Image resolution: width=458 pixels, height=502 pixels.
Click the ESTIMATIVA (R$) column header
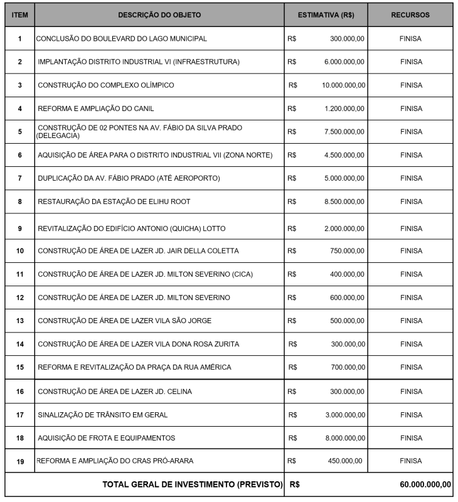coord(326,14)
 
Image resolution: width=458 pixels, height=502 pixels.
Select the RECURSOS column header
coord(410,14)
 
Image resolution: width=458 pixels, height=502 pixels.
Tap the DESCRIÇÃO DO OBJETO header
coord(159,14)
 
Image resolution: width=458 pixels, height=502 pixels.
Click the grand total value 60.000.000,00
coord(425,484)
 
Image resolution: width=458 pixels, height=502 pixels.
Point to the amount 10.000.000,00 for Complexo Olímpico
coord(343,85)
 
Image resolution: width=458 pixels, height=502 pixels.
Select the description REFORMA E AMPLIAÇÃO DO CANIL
coord(95,109)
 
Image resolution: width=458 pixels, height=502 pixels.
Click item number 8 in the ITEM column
coord(19,202)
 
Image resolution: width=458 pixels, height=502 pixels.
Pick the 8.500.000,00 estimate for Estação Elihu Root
coord(344,202)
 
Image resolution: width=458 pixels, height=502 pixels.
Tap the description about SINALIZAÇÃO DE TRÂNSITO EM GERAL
coord(102,415)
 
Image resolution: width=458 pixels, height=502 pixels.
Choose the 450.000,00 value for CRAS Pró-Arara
coord(345,461)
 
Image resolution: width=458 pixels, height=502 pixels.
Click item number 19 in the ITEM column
coord(19,461)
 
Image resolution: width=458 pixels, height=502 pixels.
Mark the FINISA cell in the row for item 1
coord(410,38)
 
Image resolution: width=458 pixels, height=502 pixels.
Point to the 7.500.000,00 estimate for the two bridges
coord(344,132)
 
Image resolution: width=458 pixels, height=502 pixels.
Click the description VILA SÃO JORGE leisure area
coord(124,321)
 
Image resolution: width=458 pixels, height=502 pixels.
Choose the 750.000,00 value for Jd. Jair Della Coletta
coord(347,251)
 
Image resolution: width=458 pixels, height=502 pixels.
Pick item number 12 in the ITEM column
coord(19,297)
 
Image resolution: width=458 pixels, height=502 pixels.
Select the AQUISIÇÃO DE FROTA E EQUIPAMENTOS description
coord(106,438)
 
